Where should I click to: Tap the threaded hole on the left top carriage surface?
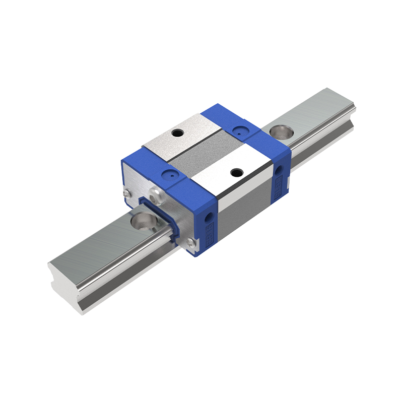click(x=177, y=133)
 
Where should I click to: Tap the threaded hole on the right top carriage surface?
click(x=235, y=173)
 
